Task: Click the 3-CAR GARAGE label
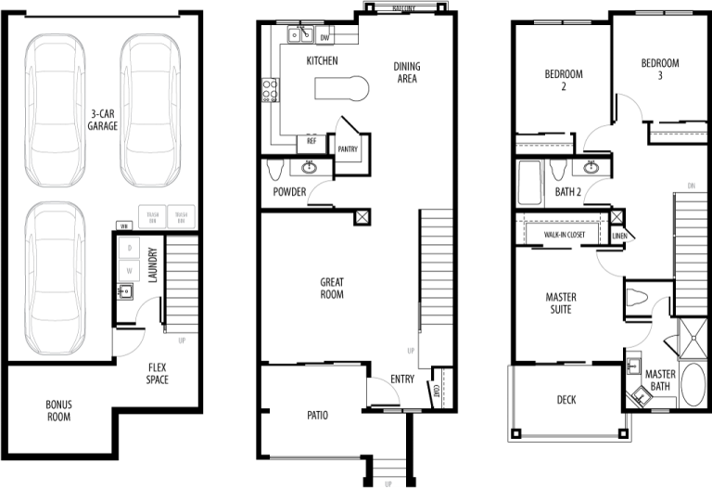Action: click(x=102, y=120)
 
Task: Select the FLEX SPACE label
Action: click(x=157, y=373)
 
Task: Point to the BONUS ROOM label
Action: click(x=58, y=410)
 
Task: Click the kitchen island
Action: click(x=340, y=89)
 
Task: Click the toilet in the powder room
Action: click(x=274, y=170)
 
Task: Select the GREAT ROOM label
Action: click(x=332, y=289)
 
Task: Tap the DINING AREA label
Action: click(x=406, y=72)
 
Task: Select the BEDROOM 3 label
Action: click(x=659, y=70)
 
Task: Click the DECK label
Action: click(x=566, y=400)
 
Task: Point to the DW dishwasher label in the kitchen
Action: click(x=324, y=38)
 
